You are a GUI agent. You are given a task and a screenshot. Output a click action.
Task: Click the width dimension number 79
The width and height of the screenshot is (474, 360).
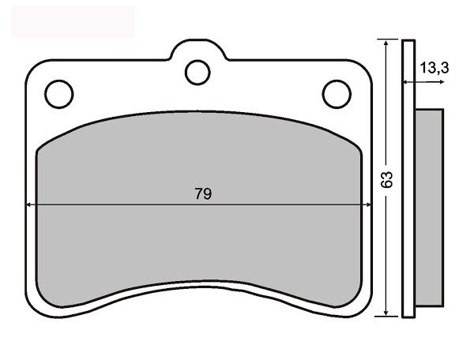tap(203, 193)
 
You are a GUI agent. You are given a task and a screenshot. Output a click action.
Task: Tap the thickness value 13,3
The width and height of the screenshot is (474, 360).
tap(434, 69)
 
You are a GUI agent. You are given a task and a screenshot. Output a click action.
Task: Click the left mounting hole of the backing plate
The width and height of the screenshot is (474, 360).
tap(58, 94)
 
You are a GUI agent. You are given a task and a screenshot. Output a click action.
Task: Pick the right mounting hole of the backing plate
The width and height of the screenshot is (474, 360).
tap(337, 94)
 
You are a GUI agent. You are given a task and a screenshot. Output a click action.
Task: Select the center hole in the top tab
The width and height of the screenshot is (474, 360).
tap(197, 73)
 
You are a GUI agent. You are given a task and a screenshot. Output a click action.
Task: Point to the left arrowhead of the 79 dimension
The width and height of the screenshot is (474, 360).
tap(30, 205)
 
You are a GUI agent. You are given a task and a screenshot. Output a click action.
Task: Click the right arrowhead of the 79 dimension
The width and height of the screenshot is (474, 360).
tap(367, 205)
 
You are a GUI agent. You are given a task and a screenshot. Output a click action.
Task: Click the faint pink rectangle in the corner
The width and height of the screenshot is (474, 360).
tap(73, 21)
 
